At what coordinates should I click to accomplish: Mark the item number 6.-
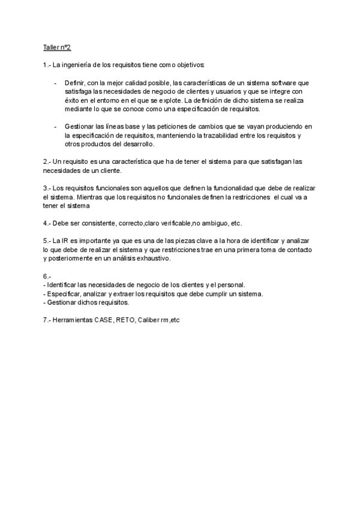47,276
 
